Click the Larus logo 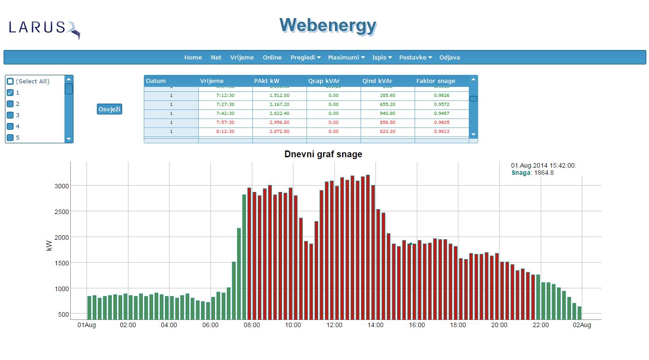[44, 29]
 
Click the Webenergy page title [328, 26]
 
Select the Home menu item [193, 58]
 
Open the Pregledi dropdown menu [305, 58]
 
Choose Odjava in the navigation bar [449, 58]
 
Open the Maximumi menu [346, 58]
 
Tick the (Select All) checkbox [10, 82]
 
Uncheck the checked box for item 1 [10, 93]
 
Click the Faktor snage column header [435, 81]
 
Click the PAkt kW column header [267, 81]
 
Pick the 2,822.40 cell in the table [279, 114]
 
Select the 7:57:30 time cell [225, 123]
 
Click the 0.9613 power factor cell [442, 132]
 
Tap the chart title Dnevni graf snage [323, 155]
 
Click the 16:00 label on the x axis [417, 325]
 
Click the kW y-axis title [49, 246]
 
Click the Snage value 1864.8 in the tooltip [544, 173]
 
